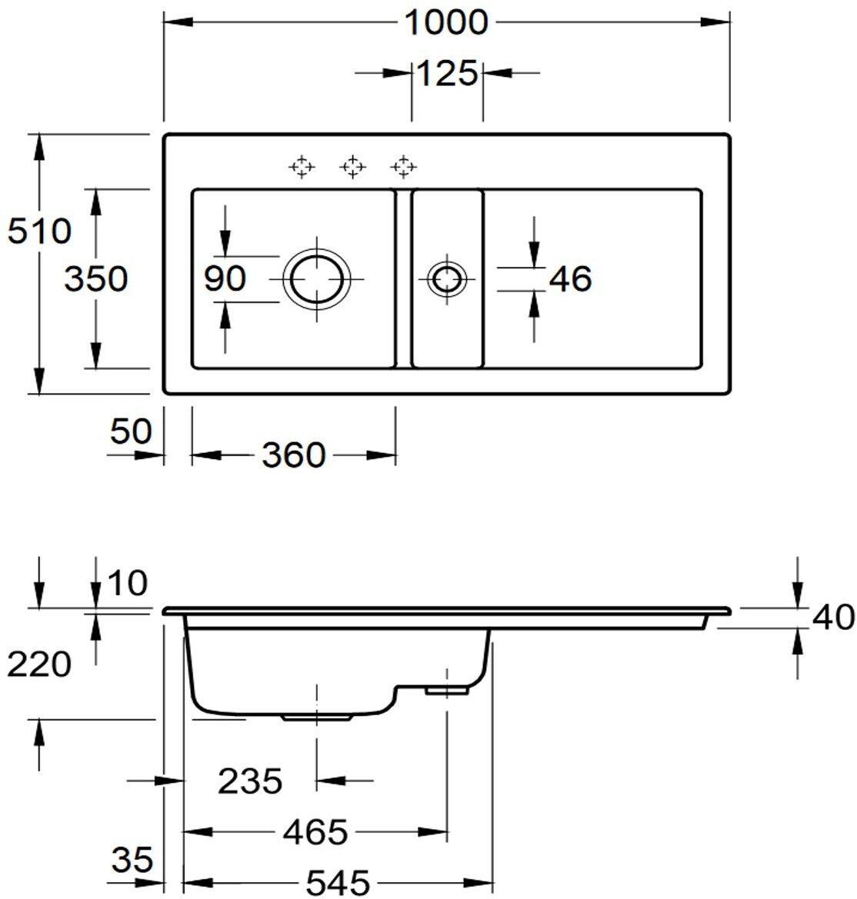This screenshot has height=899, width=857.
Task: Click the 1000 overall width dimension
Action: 446,22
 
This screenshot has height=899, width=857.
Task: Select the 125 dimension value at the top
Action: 448,74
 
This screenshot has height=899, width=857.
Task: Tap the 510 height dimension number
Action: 39,231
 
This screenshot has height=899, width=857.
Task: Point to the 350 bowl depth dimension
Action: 95,278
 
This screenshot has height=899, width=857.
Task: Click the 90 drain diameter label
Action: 225,278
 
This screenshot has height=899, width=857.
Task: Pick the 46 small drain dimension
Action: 570,278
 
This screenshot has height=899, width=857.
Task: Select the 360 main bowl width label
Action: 293,455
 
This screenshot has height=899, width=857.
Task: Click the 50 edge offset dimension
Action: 131,431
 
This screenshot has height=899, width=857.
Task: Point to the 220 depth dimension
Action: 39,664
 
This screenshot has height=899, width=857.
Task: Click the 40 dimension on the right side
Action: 833,618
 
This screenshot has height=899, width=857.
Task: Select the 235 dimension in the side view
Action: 250,782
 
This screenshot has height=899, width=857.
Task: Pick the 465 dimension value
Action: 315,831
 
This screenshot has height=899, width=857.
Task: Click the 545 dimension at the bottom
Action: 338,881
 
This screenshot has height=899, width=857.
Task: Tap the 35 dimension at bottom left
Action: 132,859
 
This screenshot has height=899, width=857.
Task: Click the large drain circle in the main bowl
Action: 316,278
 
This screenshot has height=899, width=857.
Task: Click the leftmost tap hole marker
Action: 302,166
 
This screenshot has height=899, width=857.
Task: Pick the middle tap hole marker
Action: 352,166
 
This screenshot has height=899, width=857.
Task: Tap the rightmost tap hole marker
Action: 403,166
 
